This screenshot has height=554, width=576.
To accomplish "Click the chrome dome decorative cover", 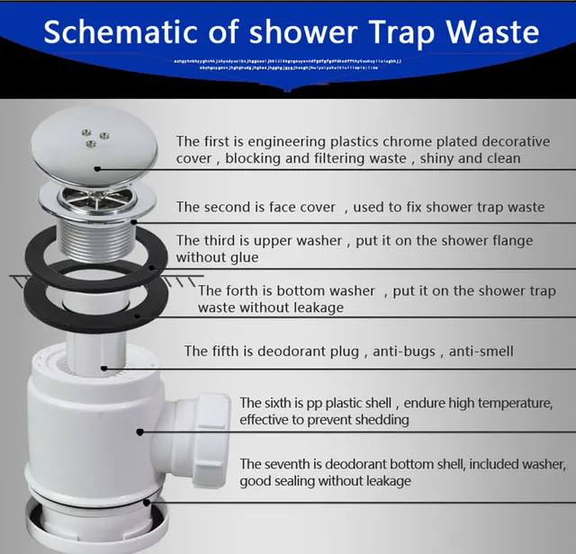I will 94,148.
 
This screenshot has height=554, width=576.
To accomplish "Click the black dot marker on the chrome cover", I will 94,168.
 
